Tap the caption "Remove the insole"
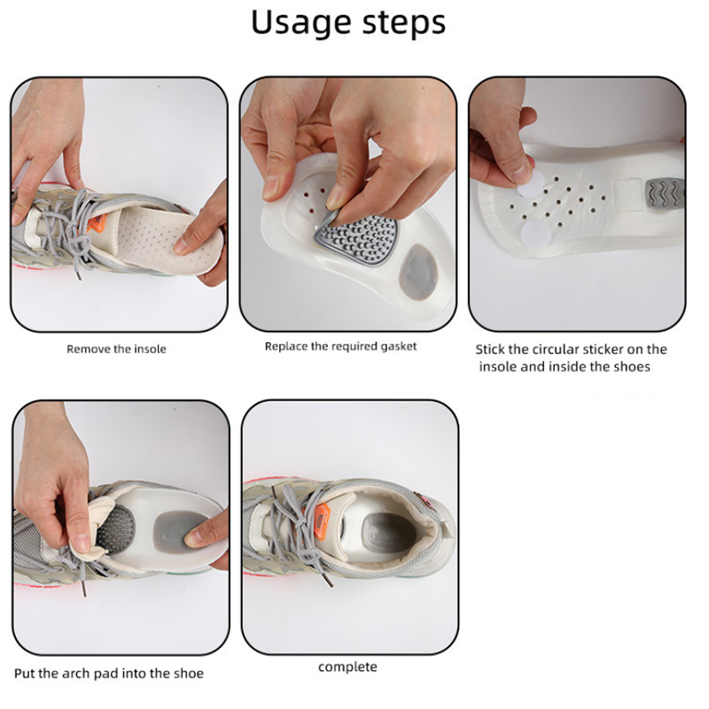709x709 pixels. click(x=116, y=349)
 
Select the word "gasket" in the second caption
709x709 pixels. click(x=398, y=347)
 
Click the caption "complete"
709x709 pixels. click(x=347, y=667)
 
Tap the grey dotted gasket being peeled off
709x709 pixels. click(x=357, y=239)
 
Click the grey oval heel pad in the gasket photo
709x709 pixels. click(x=417, y=272)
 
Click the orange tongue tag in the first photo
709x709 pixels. click(x=97, y=226)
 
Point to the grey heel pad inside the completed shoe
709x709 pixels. click(x=389, y=533)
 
